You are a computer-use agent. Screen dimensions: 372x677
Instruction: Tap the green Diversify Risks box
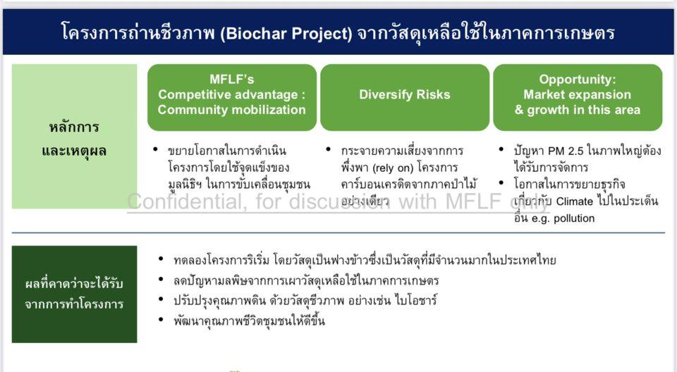(x=404, y=95)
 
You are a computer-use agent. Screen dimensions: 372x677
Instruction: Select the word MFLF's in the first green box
(x=231, y=79)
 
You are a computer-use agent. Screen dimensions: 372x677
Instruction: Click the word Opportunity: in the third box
(x=577, y=79)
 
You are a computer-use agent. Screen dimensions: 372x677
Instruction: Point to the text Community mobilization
(x=231, y=110)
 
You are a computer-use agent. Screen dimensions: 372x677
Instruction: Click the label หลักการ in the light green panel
(x=74, y=128)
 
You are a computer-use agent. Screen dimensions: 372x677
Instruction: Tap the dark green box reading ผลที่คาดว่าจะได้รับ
(x=74, y=284)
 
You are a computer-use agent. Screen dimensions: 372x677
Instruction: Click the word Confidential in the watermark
(x=183, y=201)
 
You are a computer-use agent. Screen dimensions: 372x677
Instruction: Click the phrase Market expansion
(x=577, y=94)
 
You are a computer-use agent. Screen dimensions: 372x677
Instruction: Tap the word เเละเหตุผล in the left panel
(x=74, y=151)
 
